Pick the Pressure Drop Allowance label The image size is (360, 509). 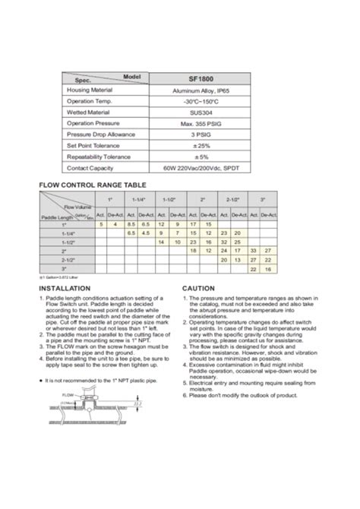pos(101,134)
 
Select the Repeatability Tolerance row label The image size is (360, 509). pos(99,156)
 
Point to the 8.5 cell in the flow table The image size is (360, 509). pos(131,224)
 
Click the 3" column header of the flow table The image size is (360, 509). pos(262,198)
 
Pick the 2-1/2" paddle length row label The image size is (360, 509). pos(65,259)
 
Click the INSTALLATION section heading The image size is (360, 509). pos(70,289)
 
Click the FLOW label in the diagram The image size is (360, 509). pos(68,395)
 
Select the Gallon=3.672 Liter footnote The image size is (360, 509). pos(65,277)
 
